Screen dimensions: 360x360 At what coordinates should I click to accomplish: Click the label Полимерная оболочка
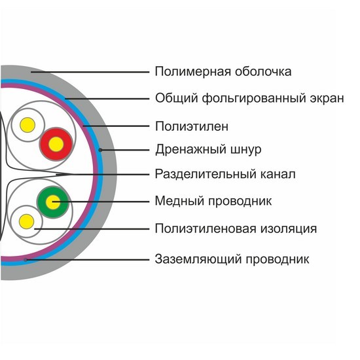[223, 72]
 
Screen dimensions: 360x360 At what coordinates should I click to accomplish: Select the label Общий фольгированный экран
[249, 99]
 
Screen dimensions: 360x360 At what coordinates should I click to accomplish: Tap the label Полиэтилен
[192, 126]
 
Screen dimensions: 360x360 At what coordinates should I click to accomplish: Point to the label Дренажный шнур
[208, 150]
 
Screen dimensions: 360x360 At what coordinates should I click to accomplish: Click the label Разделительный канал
[225, 175]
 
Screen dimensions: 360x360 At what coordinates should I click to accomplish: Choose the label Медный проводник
[213, 202]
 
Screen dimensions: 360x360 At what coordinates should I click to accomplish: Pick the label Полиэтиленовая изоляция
[236, 229]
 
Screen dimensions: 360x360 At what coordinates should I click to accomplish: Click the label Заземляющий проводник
[232, 259]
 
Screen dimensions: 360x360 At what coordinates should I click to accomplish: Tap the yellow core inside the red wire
[56, 144]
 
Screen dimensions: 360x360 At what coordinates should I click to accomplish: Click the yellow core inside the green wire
[53, 202]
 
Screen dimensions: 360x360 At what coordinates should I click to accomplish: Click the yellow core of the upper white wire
[27, 125]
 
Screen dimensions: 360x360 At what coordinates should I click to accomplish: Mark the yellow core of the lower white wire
[26, 221]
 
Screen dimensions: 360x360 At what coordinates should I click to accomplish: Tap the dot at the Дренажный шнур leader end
[100, 150]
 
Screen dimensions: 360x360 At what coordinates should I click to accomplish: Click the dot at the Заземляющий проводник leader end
[26, 260]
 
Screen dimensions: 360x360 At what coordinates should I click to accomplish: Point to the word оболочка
[263, 72]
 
